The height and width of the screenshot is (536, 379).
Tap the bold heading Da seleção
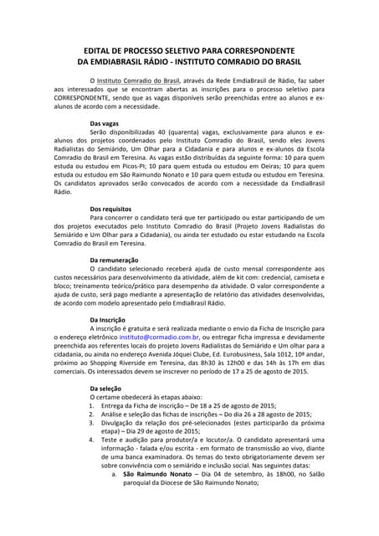pyautogui.click(x=106, y=389)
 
